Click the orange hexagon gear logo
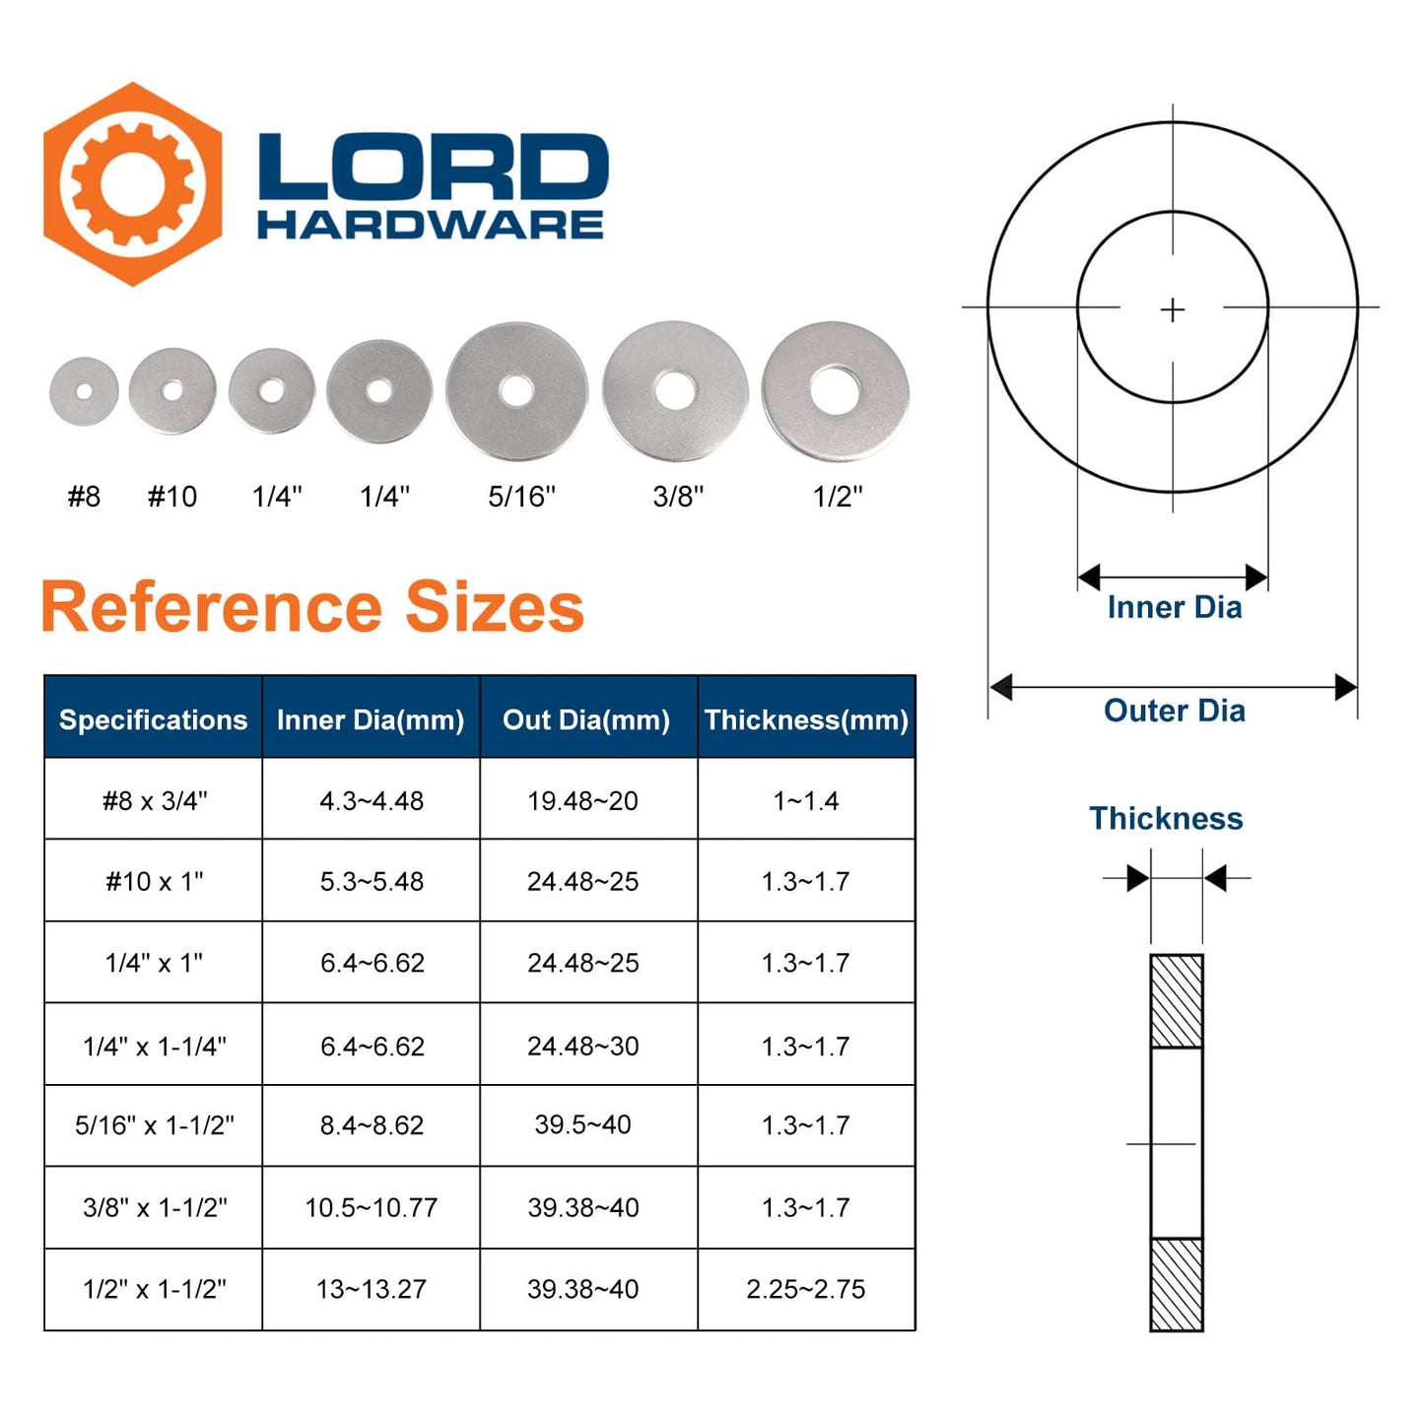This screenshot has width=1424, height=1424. click(x=132, y=184)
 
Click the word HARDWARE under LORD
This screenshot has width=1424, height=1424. click(x=431, y=226)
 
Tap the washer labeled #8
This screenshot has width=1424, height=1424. click(x=84, y=391)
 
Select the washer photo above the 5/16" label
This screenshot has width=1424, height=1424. click(x=516, y=391)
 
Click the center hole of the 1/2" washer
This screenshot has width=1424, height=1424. click(x=834, y=389)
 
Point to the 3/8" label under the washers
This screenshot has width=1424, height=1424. click(x=678, y=497)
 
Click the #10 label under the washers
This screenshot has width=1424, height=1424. click(x=172, y=497)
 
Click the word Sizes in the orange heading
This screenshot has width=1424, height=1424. click(x=495, y=607)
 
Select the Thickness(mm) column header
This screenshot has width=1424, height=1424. click(x=806, y=720)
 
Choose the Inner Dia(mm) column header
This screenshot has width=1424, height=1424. click(x=371, y=720)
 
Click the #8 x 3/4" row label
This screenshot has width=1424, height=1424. click(x=155, y=800)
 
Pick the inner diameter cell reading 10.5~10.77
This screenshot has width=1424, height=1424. click(x=371, y=1207)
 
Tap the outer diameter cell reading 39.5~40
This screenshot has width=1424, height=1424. click(x=582, y=1124)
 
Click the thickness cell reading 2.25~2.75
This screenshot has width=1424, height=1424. click(x=806, y=1289)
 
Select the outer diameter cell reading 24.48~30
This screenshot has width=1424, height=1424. click(x=582, y=1046)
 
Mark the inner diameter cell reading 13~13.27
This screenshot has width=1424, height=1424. click(x=371, y=1289)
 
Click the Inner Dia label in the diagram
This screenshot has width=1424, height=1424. click(x=1174, y=607)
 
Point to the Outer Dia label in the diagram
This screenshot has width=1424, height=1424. click(x=1174, y=711)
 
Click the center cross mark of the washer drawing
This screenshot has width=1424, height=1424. click(x=1173, y=310)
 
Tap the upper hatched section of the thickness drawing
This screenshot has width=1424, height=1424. click(x=1177, y=1000)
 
